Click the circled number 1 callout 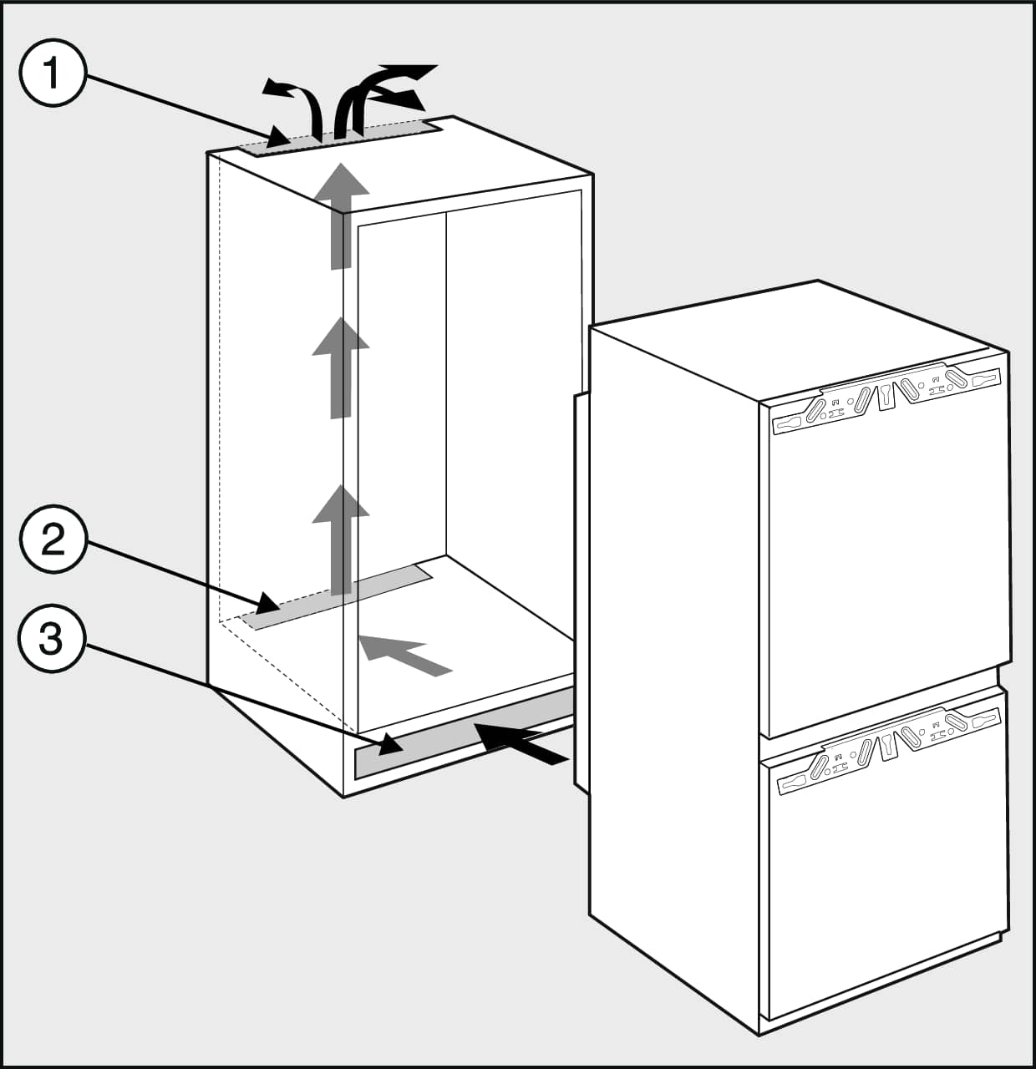click(x=53, y=75)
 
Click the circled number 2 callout click(x=53, y=542)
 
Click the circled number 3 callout click(x=53, y=641)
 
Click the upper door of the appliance click(x=886, y=568)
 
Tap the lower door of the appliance click(x=886, y=894)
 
